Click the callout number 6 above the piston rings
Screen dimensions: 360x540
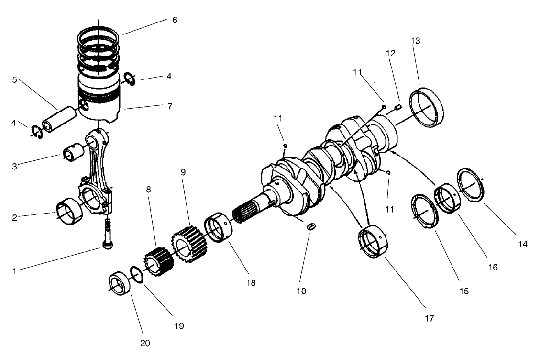point(175,20)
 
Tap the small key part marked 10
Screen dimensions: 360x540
point(311,226)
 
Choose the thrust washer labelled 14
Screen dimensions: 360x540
point(472,184)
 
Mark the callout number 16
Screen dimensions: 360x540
point(492,267)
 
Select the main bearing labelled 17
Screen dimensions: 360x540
point(375,244)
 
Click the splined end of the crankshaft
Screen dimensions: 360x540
point(246,212)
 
